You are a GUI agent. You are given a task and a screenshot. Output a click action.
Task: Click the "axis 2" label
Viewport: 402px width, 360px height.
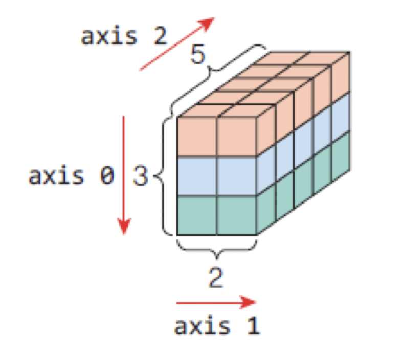pyautogui.click(x=123, y=37)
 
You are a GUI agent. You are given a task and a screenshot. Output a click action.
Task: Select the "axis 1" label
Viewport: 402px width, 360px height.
pyautogui.click(x=217, y=326)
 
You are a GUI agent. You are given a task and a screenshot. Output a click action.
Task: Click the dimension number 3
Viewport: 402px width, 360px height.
pyautogui.click(x=140, y=176)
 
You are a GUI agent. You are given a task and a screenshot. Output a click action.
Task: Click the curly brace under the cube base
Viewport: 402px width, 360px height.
pyautogui.click(x=216, y=247)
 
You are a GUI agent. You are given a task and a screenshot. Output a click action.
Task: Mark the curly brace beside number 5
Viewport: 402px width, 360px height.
pyautogui.click(x=217, y=77)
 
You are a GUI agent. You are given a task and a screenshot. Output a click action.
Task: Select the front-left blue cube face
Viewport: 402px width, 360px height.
pyautogui.click(x=196, y=176)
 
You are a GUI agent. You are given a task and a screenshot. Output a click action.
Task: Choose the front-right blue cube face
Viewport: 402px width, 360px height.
pyautogui.click(x=236, y=176)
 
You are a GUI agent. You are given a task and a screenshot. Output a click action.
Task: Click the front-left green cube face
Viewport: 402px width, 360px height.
pyautogui.click(x=196, y=215)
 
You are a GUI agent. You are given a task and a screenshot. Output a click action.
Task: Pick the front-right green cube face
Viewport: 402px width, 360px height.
pyautogui.click(x=236, y=215)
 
